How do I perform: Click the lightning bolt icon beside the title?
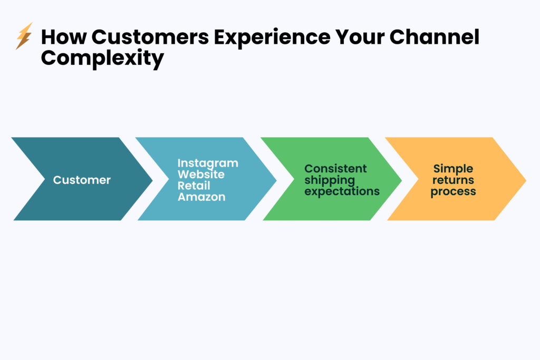pos(24,36)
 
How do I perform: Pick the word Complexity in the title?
pos(102,58)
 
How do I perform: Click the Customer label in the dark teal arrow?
pos(82,180)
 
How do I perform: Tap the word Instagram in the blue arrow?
pos(208,163)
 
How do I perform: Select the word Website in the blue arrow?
pos(201,174)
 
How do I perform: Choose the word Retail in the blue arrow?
pos(194,186)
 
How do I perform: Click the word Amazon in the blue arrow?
pos(201,197)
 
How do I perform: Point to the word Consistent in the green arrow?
pos(335,169)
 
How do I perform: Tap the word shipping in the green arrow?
pos(330,180)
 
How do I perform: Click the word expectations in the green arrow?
pos(342,191)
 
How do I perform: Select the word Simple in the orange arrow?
pos(453,169)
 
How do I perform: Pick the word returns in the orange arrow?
pos(453,180)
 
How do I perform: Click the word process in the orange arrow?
pos(453,191)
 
